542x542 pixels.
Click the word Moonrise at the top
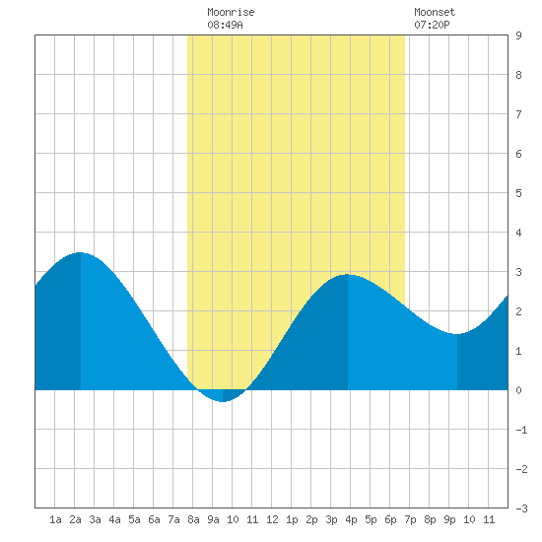coord(231,12)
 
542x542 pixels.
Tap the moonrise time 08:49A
coord(225,25)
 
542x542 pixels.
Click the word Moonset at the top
coord(435,12)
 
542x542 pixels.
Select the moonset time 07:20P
coord(432,25)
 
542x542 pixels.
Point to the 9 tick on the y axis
coord(518,35)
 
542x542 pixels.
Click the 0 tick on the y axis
coord(518,390)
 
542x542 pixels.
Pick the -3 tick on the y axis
coord(521,508)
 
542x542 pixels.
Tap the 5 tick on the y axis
coord(518,193)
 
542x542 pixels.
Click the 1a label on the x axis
coord(55,519)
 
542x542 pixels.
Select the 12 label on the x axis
coord(272,519)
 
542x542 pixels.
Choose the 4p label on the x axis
coord(351,519)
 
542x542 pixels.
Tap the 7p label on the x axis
coord(410,519)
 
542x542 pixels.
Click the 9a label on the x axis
coord(213,519)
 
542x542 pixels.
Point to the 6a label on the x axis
coord(154,519)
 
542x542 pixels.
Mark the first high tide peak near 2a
coord(80,252)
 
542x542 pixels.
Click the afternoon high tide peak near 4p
coord(348,275)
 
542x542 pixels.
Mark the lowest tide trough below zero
coord(223,402)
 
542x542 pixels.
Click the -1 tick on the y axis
coord(521,430)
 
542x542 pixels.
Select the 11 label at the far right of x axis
coord(489,519)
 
